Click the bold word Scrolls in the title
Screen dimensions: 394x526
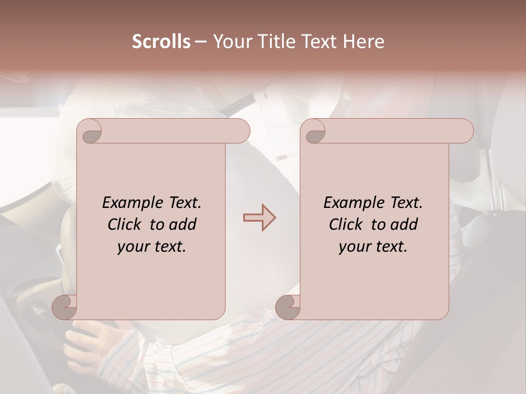pyautogui.click(x=161, y=42)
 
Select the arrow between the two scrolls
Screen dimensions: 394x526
pyautogui.click(x=259, y=218)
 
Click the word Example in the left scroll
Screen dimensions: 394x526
pyautogui.click(x=130, y=203)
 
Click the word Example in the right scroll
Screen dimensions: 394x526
pyautogui.click(x=351, y=203)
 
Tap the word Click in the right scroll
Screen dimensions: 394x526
pyautogui.click(x=346, y=225)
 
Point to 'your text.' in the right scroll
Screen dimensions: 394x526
pyautogui.click(x=373, y=247)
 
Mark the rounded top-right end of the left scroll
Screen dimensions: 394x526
pyautogui.click(x=242, y=131)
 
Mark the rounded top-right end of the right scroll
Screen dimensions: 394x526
pyautogui.click(x=465, y=131)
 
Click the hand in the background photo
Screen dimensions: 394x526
pyautogui.click(x=90, y=342)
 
